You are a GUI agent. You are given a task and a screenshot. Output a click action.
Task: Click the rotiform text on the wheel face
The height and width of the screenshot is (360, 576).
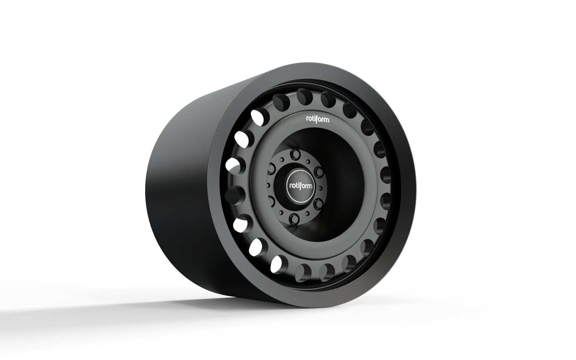point(317,118)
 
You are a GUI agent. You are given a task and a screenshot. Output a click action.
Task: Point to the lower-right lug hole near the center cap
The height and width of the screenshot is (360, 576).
point(317,205)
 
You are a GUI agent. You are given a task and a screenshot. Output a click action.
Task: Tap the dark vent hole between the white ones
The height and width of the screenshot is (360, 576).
point(232,195)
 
